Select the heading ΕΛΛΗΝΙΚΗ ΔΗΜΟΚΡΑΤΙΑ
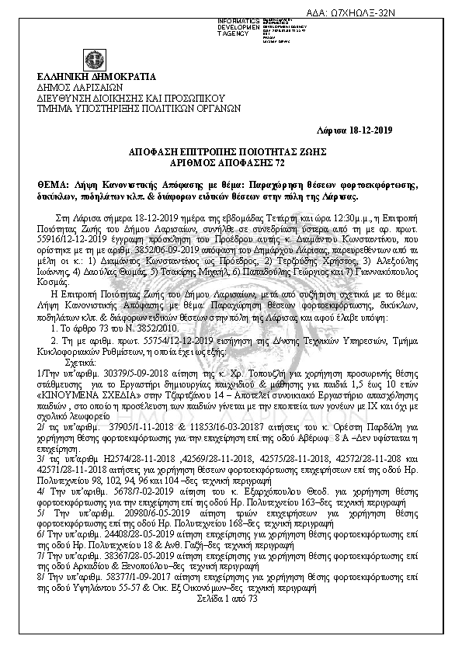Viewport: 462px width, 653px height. pyautogui.click(x=96, y=77)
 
